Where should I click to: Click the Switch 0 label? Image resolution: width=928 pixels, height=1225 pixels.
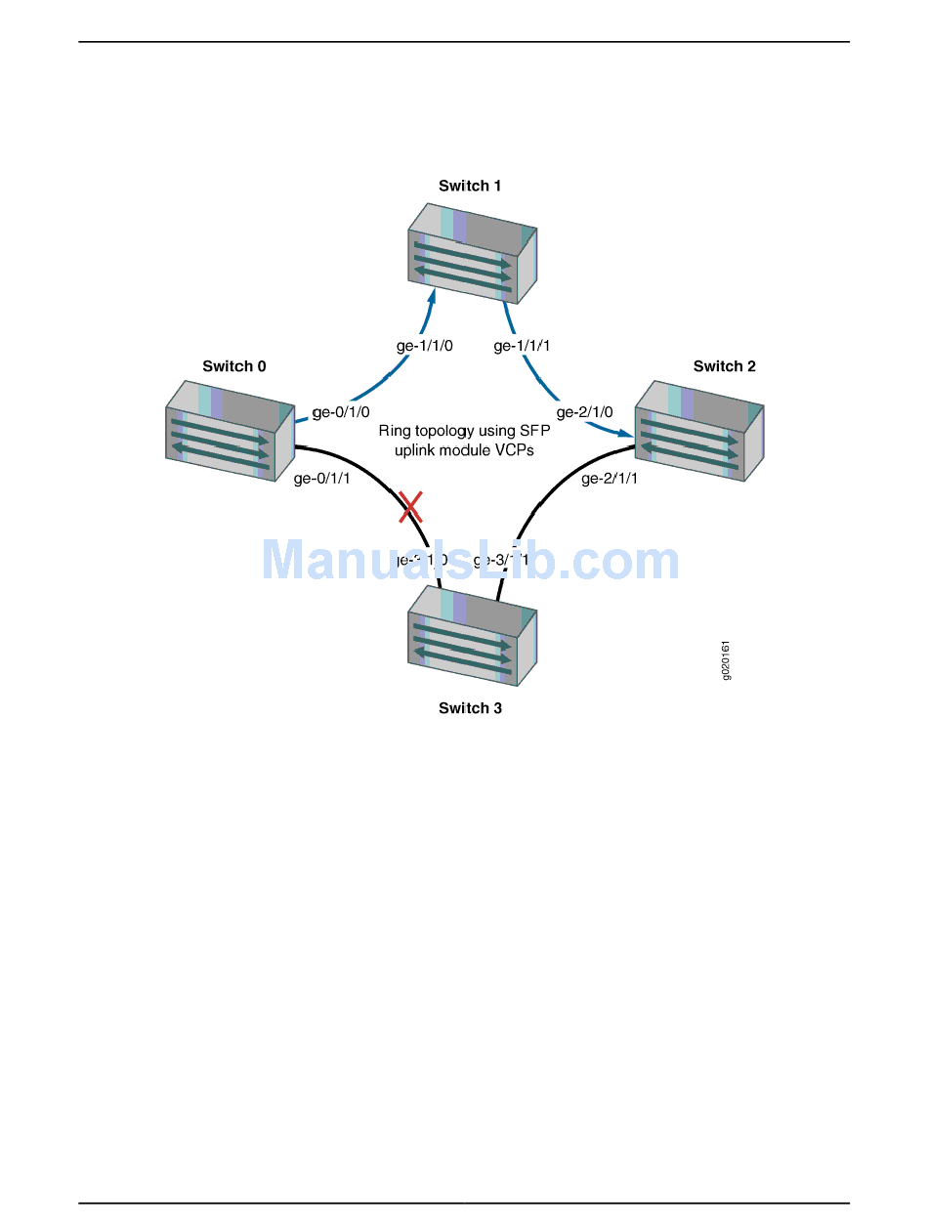(233, 366)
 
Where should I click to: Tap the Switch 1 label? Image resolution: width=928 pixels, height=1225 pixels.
(470, 186)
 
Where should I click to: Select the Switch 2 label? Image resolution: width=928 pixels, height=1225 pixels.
(725, 366)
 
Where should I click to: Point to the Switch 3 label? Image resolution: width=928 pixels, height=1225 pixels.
(470, 708)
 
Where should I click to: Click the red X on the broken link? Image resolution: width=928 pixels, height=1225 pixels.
(410, 506)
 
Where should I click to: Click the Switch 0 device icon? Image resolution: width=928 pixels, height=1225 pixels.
(230, 430)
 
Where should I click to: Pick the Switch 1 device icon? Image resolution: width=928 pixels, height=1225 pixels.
(472, 253)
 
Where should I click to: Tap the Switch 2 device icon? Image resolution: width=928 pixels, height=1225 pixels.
(699, 431)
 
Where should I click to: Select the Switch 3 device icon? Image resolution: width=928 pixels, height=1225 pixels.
(472, 635)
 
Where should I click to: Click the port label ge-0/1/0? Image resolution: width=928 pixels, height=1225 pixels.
(341, 412)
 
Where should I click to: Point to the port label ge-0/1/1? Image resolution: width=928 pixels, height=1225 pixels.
(321, 479)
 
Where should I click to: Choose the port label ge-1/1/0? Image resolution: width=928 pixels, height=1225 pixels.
(424, 346)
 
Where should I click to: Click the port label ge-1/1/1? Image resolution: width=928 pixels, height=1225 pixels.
(523, 346)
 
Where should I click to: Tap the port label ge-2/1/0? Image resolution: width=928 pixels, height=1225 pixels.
(585, 412)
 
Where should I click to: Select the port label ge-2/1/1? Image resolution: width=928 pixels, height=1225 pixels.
(610, 479)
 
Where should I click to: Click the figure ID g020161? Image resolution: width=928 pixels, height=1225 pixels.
(726, 660)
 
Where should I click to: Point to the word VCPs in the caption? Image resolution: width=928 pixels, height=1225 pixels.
(514, 450)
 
